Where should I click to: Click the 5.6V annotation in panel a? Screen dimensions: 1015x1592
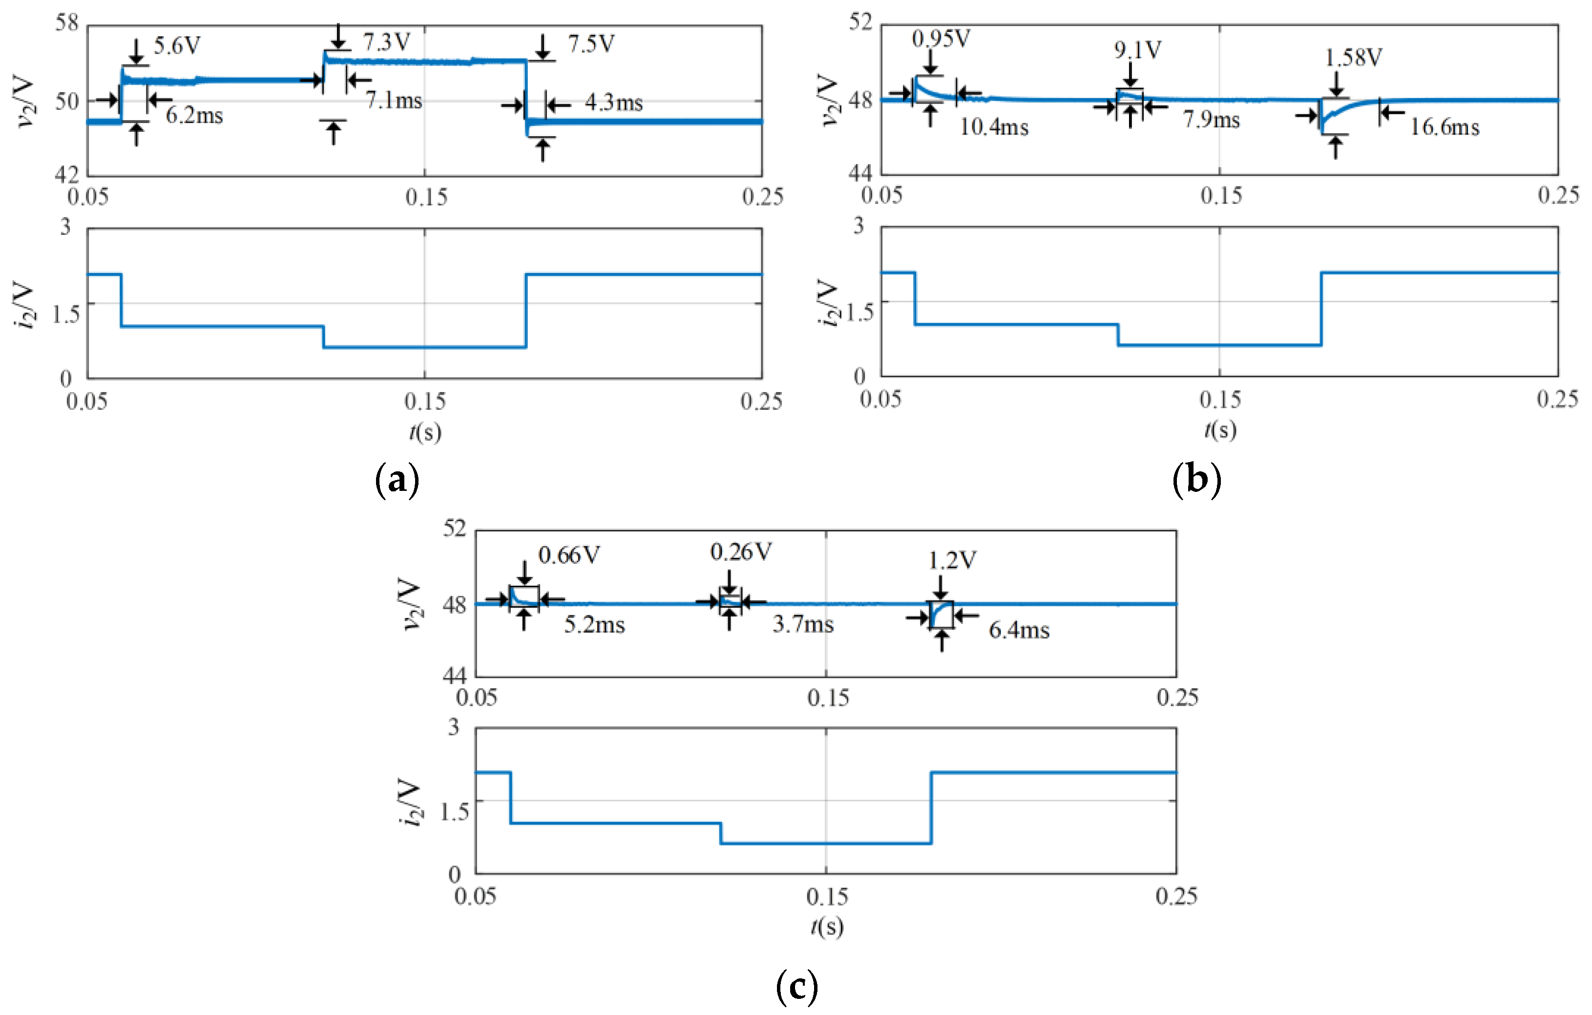pyautogui.click(x=177, y=45)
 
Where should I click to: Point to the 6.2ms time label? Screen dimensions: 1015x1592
pyautogui.click(x=194, y=116)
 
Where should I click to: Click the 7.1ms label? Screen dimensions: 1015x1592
pyautogui.click(x=394, y=101)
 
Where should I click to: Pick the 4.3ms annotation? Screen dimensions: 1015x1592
pyautogui.click(x=613, y=103)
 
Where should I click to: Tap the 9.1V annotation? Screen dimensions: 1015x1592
pyautogui.click(x=1137, y=50)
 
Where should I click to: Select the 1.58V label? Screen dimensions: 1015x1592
pyautogui.click(x=1353, y=58)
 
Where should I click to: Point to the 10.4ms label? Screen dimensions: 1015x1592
pyautogui.click(x=994, y=127)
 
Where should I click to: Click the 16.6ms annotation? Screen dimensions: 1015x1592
pyautogui.click(x=1445, y=127)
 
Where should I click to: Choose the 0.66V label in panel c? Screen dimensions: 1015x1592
pyautogui.click(x=568, y=555)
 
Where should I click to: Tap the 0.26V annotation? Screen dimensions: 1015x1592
pyautogui.click(x=740, y=551)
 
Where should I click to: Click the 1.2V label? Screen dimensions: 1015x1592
pyautogui.click(x=952, y=561)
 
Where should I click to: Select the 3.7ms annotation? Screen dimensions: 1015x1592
pyautogui.click(x=803, y=624)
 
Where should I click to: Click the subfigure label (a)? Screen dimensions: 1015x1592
pyautogui.click(x=397, y=479)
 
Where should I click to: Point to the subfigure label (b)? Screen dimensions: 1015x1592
pyautogui.click(x=1196, y=479)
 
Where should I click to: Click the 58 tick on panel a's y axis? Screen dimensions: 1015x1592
pyautogui.click(x=67, y=23)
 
